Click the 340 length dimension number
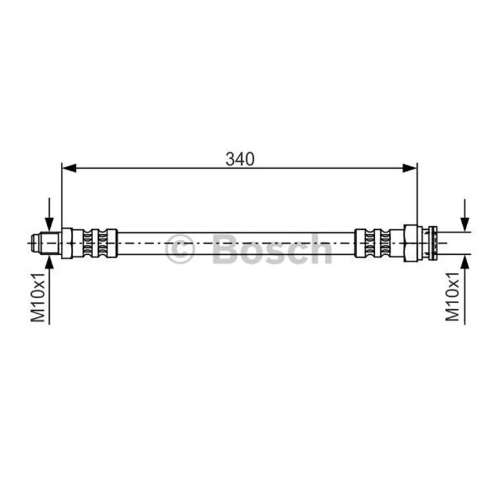tap(240, 159)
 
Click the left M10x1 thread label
tap(38, 297)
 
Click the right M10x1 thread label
tap(452, 296)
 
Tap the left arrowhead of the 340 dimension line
tap(69, 168)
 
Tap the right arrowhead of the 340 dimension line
tap(409, 168)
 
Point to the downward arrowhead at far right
tap(465, 224)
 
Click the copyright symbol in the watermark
tap(180, 249)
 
